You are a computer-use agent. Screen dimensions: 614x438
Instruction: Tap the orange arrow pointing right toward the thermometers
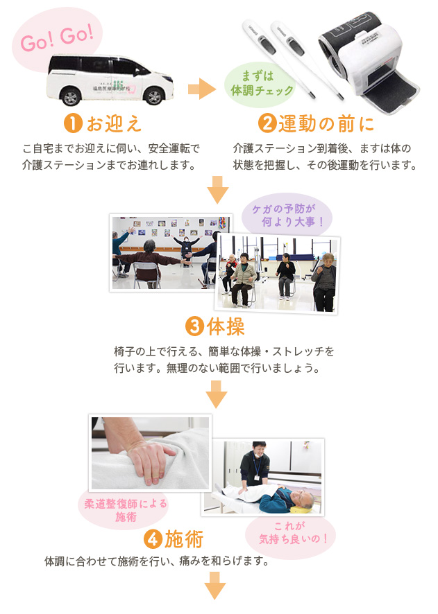[x=202, y=88]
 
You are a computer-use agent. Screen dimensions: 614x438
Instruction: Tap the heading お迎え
[x=114, y=124]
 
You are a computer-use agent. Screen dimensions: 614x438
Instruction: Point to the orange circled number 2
[x=266, y=124]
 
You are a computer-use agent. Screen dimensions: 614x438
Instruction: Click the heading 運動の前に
[x=326, y=124]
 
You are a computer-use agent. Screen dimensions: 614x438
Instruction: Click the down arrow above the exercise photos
[x=218, y=190]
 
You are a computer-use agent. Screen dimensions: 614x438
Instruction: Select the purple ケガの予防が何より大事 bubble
[x=287, y=216]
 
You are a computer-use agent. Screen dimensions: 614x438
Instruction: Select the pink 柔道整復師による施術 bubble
[x=126, y=509]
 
